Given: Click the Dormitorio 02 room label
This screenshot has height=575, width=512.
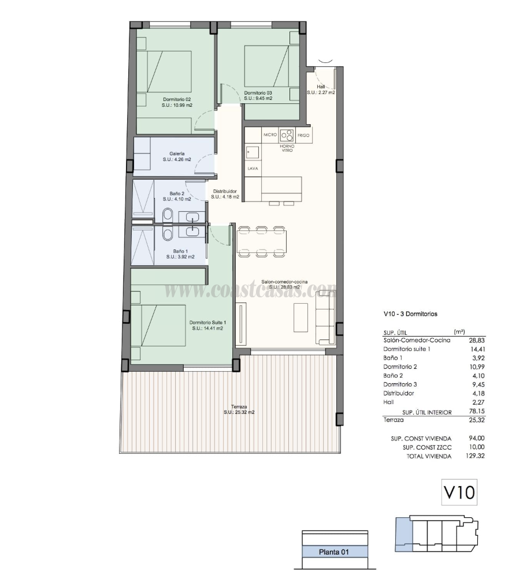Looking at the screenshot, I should click(x=177, y=99).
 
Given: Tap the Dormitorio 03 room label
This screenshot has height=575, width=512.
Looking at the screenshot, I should click(x=258, y=93).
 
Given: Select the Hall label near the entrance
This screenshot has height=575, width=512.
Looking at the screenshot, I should click(x=321, y=87).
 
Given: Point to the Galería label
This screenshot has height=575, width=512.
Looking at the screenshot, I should click(x=177, y=154).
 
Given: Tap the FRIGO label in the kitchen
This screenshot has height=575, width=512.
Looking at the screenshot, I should click(x=304, y=135).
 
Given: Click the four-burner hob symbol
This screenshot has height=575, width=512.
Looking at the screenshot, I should click(x=287, y=135).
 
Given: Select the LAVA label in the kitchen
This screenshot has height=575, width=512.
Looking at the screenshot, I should click(x=253, y=169).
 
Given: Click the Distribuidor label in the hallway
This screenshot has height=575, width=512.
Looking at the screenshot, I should click(x=225, y=191).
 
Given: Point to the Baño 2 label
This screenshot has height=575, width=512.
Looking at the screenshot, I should click(x=177, y=193).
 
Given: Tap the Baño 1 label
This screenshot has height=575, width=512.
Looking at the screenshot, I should click(x=180, y=251).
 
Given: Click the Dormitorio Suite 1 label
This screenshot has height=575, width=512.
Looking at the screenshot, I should click(x=208, y=323).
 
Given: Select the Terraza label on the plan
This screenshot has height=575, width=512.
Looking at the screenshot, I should click(x=239, y=406).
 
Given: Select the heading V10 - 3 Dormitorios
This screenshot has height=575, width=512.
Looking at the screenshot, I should click(x=410, y=315).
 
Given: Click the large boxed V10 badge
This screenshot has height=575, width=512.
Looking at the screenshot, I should click(x=459, y=492).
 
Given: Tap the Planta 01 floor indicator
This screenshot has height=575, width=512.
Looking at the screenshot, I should click(x=335, y=552).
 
